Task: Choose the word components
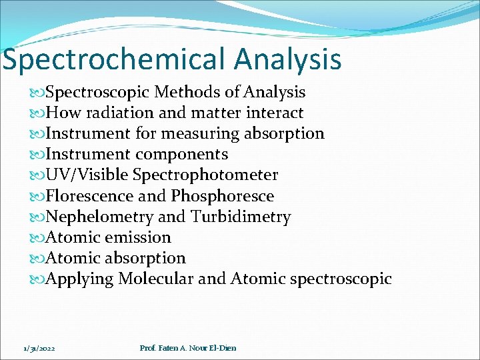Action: [181, 154]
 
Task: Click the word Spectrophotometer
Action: [205, 175]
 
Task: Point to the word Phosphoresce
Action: [223, 196]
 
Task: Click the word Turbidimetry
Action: [241, 217]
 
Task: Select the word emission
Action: [141, 237]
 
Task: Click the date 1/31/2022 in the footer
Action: [39, 348]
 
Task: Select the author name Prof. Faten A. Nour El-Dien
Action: [188, 348]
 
